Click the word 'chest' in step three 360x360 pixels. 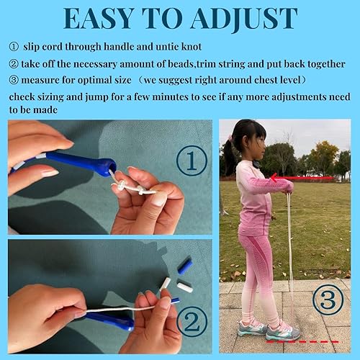click(x=269, y=79)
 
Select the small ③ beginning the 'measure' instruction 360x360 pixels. click(x=14, y=79)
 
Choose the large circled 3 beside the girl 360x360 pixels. click(x=328, y=301)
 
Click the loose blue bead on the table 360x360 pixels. click(x=185, y=266)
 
